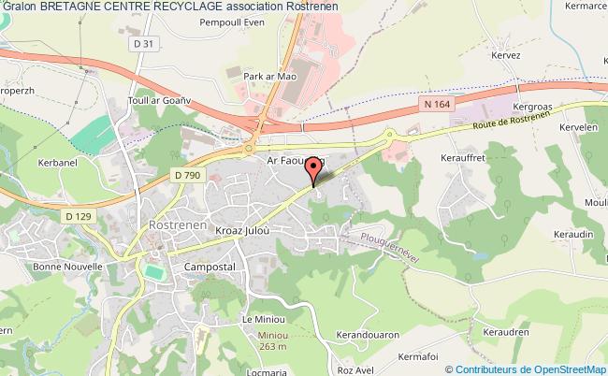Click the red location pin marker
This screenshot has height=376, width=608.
coord(314,171)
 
